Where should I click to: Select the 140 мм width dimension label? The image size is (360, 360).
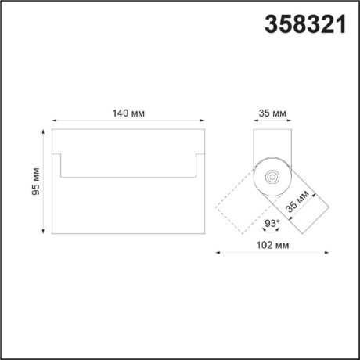pyautogui.click(x=128, y=113)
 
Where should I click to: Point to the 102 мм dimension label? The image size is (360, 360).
pyautogui.click(x=272, y=246)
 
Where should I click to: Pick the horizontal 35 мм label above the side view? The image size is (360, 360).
pyautogui.click(x=272, y=113)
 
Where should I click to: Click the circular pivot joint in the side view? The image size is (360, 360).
pyautogui.click(x=272, y=177)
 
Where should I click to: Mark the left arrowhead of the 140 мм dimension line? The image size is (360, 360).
pyautogui.click(x=54, y=121)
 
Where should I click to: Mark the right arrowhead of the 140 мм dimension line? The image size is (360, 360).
pyautogui.click(x=202, y=121)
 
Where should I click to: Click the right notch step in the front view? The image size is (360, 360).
pyautogui.click(x=196, y=166)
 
